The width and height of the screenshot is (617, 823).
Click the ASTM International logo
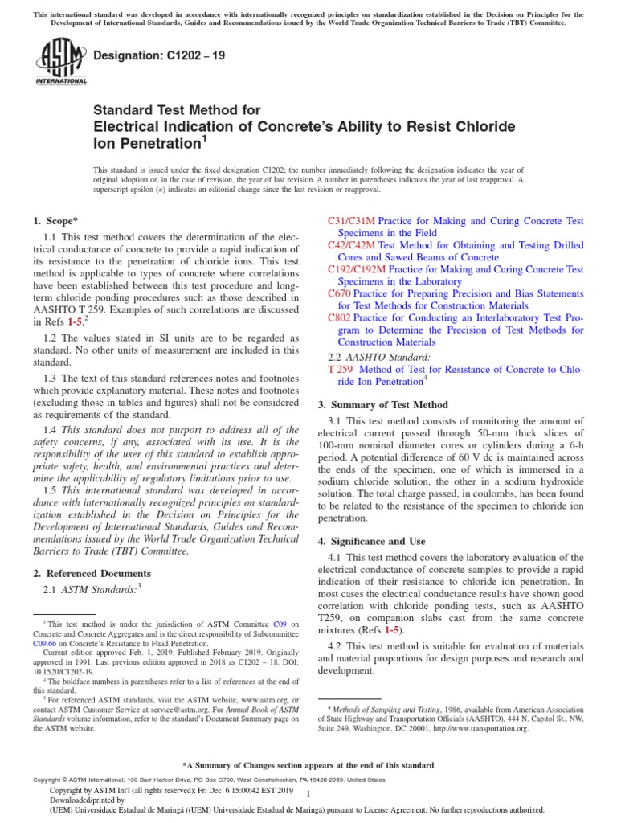tap(61, 64)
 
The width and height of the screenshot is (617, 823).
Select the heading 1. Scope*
tap(55, 220)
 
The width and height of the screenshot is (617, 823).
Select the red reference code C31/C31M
tap(352, 220)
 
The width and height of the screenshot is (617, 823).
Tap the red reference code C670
tap(340, 293)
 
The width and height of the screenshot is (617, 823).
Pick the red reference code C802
tap(340, 317)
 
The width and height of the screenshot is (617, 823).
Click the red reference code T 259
tap(342, 369)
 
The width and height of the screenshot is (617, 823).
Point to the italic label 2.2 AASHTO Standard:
tap(379, 355)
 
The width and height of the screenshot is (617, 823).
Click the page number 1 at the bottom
tap(308, 793)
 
